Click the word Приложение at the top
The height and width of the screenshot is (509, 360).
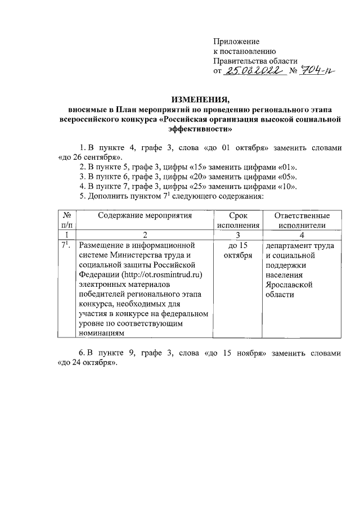(236, 42)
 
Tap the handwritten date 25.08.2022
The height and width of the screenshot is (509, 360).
(253, 71)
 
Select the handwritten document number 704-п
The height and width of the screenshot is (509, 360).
(316, 71)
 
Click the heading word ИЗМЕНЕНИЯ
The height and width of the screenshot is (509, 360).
(201, 101)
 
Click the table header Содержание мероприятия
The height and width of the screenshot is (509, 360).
(145, 215)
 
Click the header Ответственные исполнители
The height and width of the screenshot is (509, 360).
(301, 220)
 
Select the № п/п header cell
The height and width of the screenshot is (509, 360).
(67, 220)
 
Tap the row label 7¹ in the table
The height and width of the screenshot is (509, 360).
(65, 245)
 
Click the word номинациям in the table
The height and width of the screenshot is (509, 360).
(100, 333)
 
